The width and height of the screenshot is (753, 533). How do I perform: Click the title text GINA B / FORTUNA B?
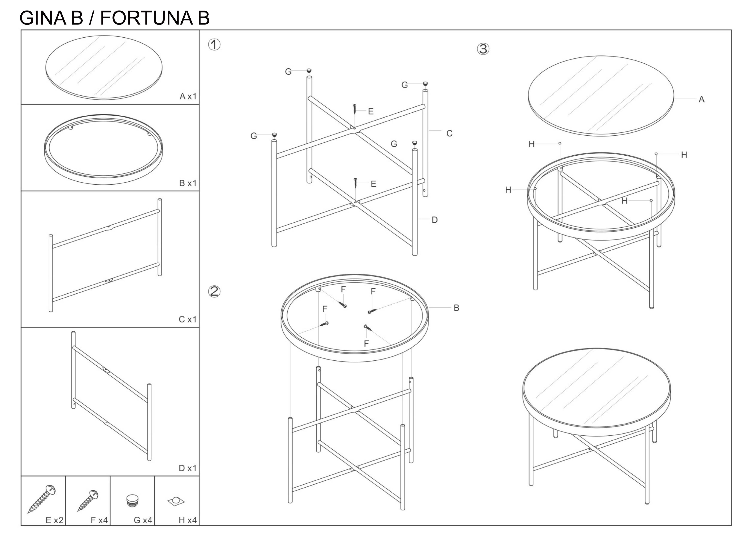[114, 18]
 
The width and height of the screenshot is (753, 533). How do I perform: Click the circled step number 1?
[214, 45]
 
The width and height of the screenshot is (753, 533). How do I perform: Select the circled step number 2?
[214, 291]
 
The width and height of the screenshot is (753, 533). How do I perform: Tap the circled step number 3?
[483, 49]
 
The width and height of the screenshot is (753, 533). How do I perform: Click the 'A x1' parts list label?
[188, 96]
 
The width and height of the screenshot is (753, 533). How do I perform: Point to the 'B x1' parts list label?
[188, 183]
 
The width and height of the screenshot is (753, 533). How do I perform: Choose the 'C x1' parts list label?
[188, 319]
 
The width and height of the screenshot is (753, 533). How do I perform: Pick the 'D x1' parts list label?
[188, 468]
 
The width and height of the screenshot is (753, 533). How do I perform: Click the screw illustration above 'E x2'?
[42, 498]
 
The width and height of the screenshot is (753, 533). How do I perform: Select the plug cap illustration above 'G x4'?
[132, 501]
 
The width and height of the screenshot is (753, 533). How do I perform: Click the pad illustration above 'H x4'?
[176, 501]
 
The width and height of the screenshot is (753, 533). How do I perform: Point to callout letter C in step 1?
[449, 133]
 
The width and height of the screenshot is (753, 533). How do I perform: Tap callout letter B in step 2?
[456, 308]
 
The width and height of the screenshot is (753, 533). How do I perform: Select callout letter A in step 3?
[701, 99]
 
